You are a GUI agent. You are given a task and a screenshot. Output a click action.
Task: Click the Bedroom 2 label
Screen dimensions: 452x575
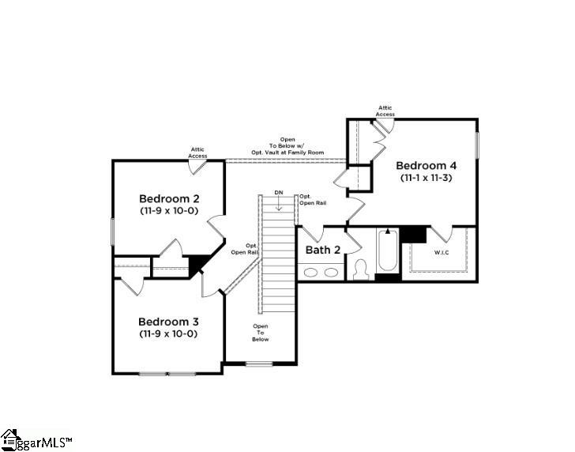tap(168, 198)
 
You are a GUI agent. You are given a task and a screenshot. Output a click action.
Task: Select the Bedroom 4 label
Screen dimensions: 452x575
tap(426, 166)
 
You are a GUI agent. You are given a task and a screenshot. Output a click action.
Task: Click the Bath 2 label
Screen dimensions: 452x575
tap(323, 250)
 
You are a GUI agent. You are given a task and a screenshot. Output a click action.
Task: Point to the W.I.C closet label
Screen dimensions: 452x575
tap(442, 253)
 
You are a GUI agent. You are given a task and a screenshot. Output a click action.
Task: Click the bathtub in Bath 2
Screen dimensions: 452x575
tap(388, 251)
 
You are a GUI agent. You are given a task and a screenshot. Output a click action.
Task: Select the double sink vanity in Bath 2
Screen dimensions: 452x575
tap(321, 272)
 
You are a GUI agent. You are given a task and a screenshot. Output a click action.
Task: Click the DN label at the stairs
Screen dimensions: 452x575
tap(278, 192)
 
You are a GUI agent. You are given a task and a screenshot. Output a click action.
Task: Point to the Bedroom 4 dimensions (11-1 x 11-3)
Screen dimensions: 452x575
tap(426, 179)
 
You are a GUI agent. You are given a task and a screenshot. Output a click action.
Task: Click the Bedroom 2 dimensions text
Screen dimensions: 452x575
tap(168, 211)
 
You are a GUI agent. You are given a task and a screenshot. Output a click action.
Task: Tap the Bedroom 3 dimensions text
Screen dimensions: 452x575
tap(167, 334)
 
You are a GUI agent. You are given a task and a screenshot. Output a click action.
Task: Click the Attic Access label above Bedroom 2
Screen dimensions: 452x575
tap(197, 153)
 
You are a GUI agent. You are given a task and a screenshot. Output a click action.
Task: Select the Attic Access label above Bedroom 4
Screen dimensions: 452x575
tap(385, 111)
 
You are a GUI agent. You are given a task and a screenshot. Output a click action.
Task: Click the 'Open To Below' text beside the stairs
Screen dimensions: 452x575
tap(261, 333)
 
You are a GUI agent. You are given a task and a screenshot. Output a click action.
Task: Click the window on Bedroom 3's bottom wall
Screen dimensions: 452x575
tap(167, 373)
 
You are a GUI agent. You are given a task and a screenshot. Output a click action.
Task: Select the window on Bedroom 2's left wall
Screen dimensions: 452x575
tap(113, 231)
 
